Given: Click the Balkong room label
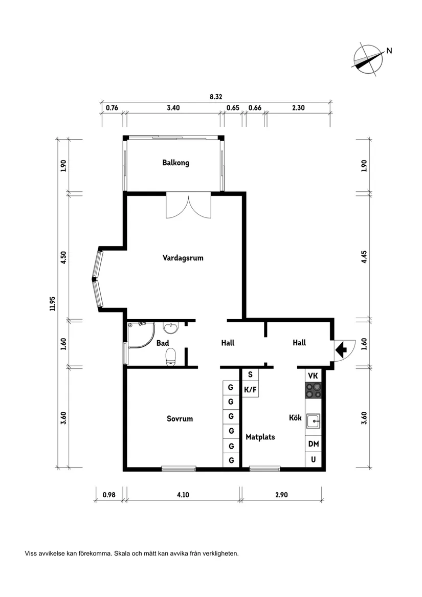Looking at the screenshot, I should click(175, 163).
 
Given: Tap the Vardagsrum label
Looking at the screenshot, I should click(183, 258).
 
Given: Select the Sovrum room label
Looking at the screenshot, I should click(180, 418).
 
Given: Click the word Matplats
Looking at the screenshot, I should click(260, 437).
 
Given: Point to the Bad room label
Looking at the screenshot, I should click(163, 343).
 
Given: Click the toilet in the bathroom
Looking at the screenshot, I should click(171, 357).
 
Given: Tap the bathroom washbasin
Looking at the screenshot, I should click(170, 327).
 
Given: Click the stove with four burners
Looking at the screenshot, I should click(313, 391).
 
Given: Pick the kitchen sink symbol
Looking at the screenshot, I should click(313, 421).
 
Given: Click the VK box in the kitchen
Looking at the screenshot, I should click(313, 375).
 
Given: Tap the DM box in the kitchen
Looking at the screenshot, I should click(313, 444).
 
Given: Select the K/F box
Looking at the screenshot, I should click(250, 390).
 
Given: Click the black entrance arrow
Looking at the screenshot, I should click(341, 350).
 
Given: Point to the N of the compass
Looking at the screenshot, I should click(389, 50).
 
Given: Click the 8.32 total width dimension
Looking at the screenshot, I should click(215, 96).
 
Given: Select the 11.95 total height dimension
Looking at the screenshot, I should click(52, 303).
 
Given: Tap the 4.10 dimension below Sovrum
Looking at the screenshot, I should click(183, 495).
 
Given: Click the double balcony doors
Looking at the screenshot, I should click(188, 207).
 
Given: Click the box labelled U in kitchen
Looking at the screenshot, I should click(313, 459).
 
